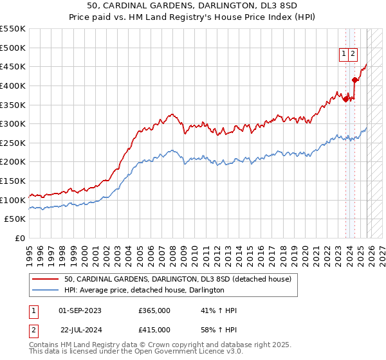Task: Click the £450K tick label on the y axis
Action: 13,66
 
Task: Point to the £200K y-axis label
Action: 13,162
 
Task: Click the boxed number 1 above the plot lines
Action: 344,55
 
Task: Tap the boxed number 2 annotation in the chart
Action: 353,55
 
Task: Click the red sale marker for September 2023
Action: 346,98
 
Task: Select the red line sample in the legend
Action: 46,279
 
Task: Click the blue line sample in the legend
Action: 46,290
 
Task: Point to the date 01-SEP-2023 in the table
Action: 80,310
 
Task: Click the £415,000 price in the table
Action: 154,330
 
